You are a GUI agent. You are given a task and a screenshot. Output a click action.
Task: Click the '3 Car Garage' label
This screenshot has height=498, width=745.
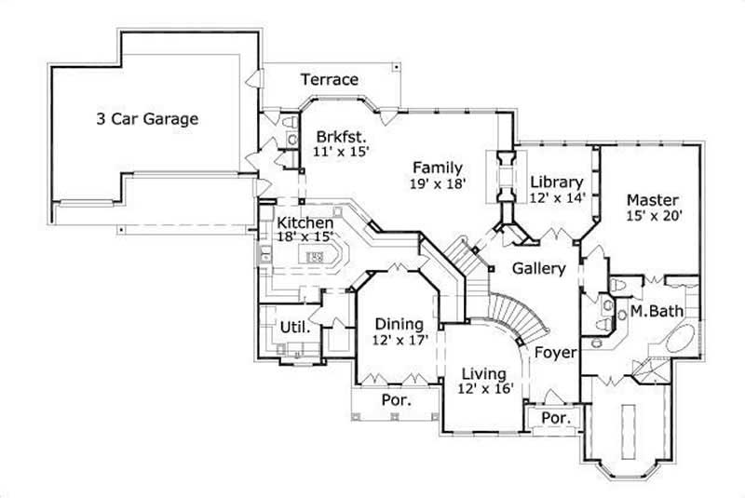(147, 119)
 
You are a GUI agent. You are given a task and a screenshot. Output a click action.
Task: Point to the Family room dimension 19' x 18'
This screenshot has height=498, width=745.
(438, 183)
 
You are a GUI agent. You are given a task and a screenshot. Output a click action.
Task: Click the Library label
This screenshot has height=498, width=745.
(556, 182)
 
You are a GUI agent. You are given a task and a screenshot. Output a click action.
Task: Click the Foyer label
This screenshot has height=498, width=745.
(556, 353)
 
